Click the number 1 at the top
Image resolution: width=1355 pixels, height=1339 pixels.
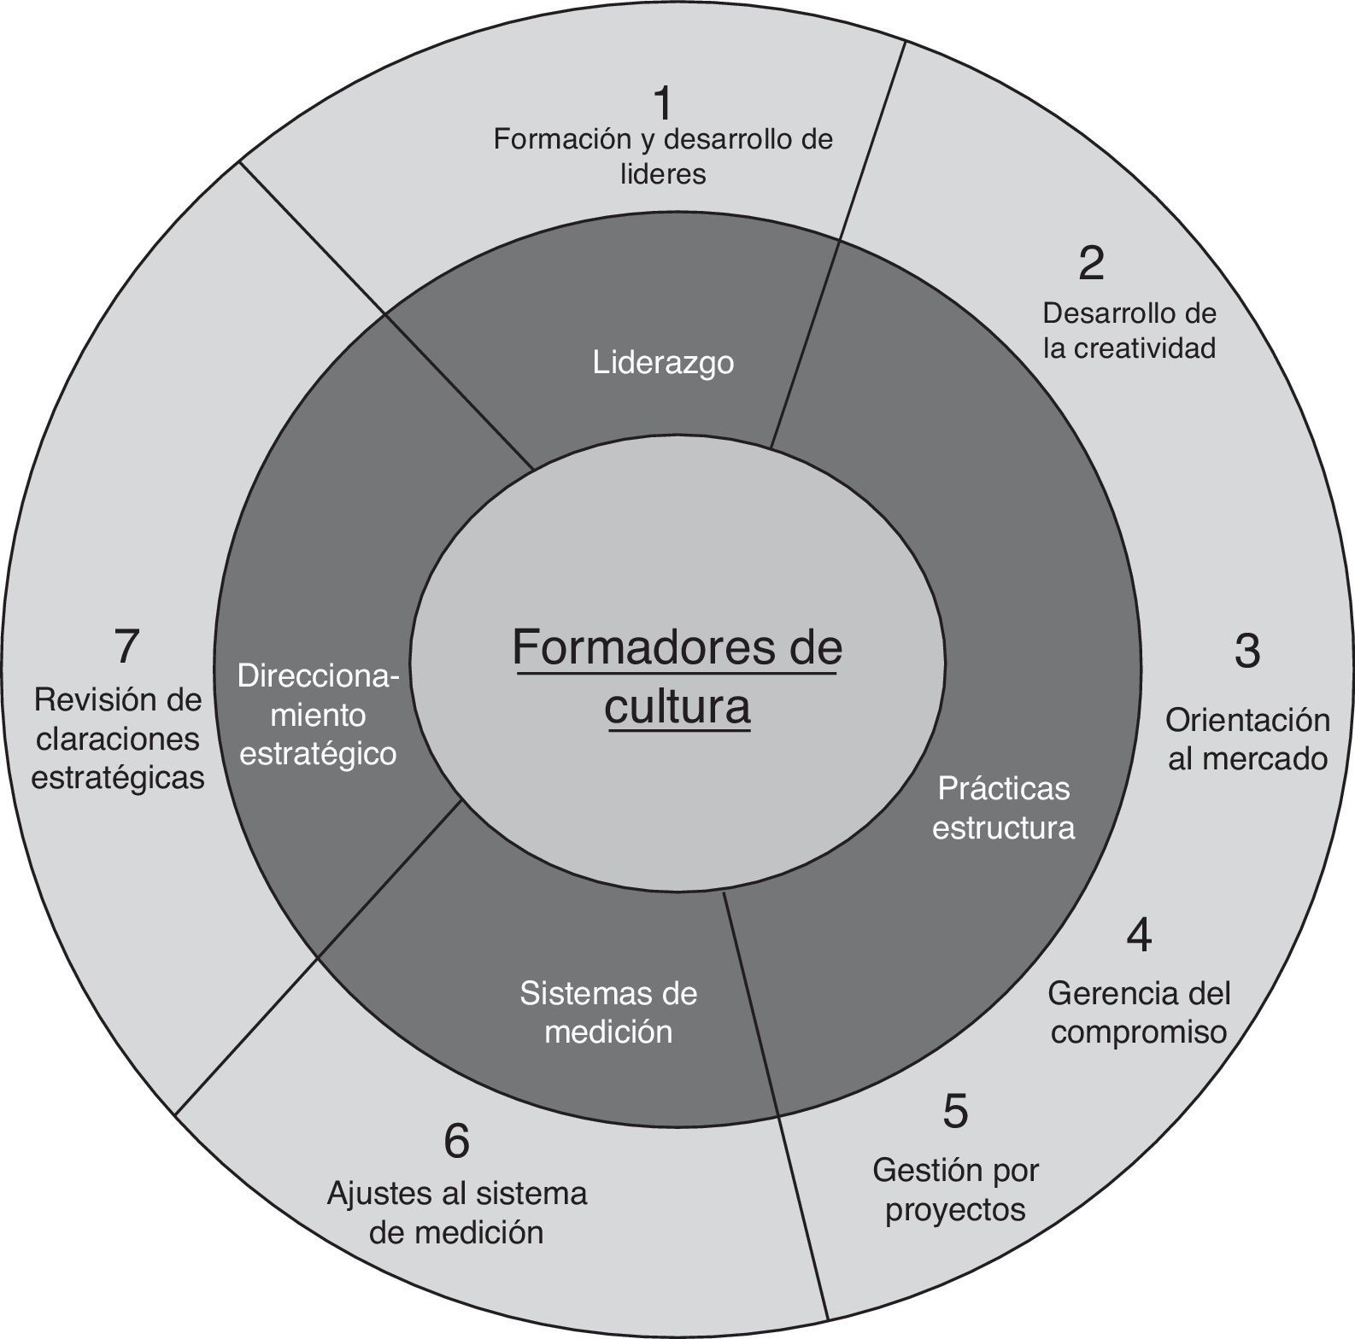663,104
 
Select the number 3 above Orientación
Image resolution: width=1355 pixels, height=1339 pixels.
1246,651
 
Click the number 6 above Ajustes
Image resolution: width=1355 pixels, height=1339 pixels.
457,1141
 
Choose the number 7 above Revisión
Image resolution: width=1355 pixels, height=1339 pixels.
126,646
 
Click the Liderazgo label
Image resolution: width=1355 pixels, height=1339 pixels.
663,363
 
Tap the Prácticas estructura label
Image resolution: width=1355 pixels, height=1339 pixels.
1003,808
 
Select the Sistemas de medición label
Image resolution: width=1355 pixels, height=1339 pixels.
608,1012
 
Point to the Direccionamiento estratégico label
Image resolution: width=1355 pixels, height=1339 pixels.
318,716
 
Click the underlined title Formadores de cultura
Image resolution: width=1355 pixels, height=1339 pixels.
677,677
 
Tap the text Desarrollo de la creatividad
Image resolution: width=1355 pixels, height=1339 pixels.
1129,330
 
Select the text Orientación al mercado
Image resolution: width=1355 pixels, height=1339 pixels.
1247,740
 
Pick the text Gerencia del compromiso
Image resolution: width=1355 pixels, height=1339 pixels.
1139,1013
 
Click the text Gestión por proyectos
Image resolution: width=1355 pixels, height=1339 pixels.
955,1190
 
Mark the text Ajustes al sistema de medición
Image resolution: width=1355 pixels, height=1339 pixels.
457,1213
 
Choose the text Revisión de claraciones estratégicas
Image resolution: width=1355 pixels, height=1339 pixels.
119,740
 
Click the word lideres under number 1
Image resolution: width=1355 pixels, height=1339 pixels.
663,174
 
